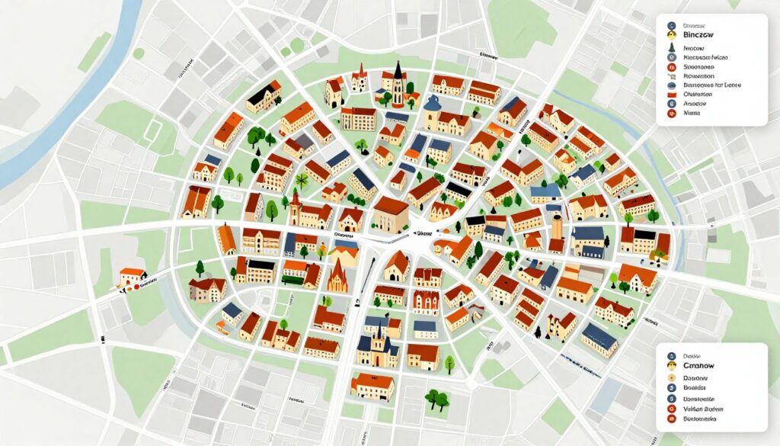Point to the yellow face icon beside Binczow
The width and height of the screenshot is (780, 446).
click(x=671, y=34)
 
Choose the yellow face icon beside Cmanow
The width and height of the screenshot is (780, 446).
click(x=671, y=366)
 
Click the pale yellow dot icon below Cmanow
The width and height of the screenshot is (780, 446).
click(x=671, y=377)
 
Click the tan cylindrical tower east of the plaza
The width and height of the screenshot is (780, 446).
click(x=558, y=226)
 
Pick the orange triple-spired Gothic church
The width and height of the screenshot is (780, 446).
click(x=337, y=276)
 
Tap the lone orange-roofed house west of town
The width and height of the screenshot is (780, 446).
click(x=132, y=276)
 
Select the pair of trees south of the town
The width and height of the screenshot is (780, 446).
click(x=436, y=399)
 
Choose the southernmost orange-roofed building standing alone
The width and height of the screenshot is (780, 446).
click(x=372, y=387)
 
